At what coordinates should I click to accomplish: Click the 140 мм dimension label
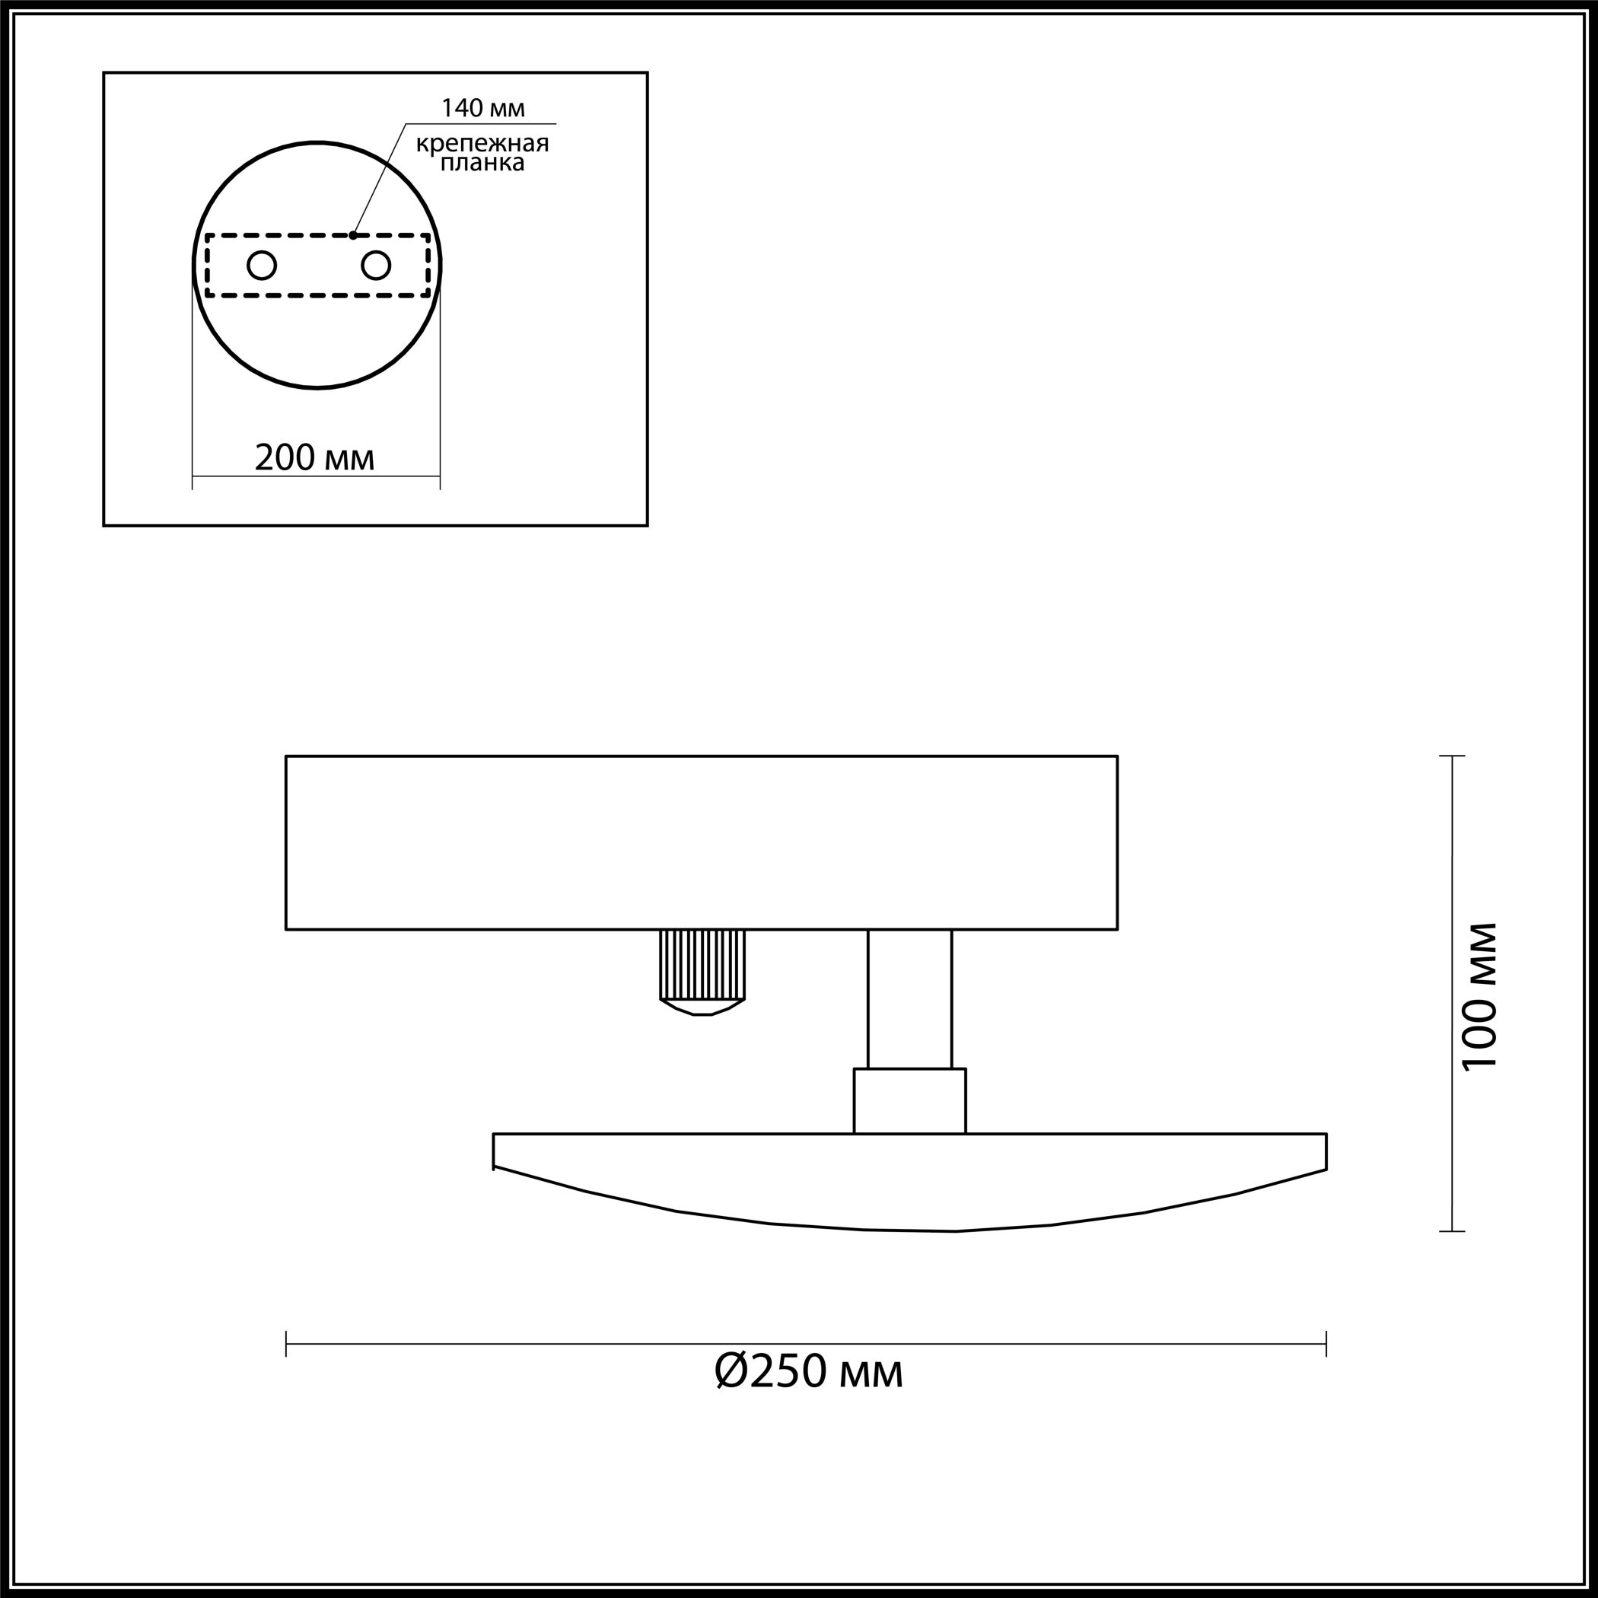tap(483, 108)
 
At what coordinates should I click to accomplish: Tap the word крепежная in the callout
tap(482, 144)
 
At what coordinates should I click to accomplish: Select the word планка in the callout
tap(482, 163)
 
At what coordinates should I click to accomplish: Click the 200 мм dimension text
tap(315, 458)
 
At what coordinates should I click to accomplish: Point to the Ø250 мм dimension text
tap(808, 1371)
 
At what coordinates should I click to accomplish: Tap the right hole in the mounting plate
tap(377, 266)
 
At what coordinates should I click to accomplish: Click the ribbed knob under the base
tap(702, 972)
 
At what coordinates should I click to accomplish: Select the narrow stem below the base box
tap(910, 999)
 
